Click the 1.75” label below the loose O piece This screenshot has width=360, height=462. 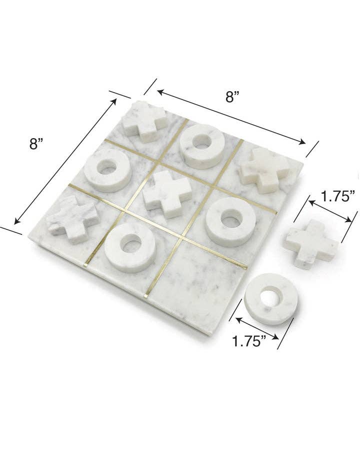tap(248, 342)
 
